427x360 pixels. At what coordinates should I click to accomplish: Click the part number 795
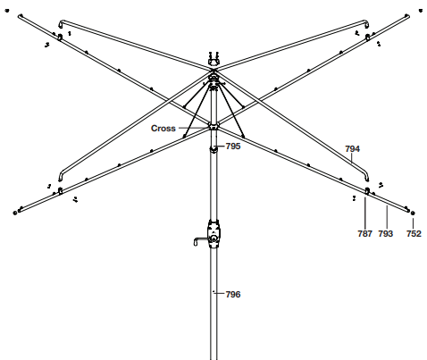[233, 147]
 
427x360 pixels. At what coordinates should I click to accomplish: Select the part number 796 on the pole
[233, 294]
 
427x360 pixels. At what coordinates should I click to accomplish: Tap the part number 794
[353, 148]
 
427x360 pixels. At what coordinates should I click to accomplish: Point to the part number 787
[365, 233]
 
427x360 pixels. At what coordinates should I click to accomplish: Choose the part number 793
[386, 233]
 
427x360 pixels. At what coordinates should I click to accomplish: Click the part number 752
[414, 233]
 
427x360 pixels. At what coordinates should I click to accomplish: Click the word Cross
[163, 129]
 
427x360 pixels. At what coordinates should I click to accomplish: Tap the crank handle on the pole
[201, 240]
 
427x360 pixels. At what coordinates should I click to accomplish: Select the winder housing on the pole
[213, 234]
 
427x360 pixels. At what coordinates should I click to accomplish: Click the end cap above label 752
[413, 213]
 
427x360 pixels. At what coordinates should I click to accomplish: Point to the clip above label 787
[367, 191]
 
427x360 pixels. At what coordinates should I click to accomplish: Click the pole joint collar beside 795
[213, 148]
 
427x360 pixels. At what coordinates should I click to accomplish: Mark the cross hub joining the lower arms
[213, 125]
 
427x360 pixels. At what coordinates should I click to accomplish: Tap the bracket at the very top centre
[213, 59]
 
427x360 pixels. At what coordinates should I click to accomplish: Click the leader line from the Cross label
[193, 129]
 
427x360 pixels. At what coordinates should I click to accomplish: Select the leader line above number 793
[387, 217]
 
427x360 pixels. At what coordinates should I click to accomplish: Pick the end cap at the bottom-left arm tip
[15, 213]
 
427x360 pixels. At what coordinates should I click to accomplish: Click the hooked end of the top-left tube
[61, 23]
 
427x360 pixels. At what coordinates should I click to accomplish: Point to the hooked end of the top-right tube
[366, 23]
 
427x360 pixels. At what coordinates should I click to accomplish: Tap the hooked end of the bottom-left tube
[61, 176]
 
